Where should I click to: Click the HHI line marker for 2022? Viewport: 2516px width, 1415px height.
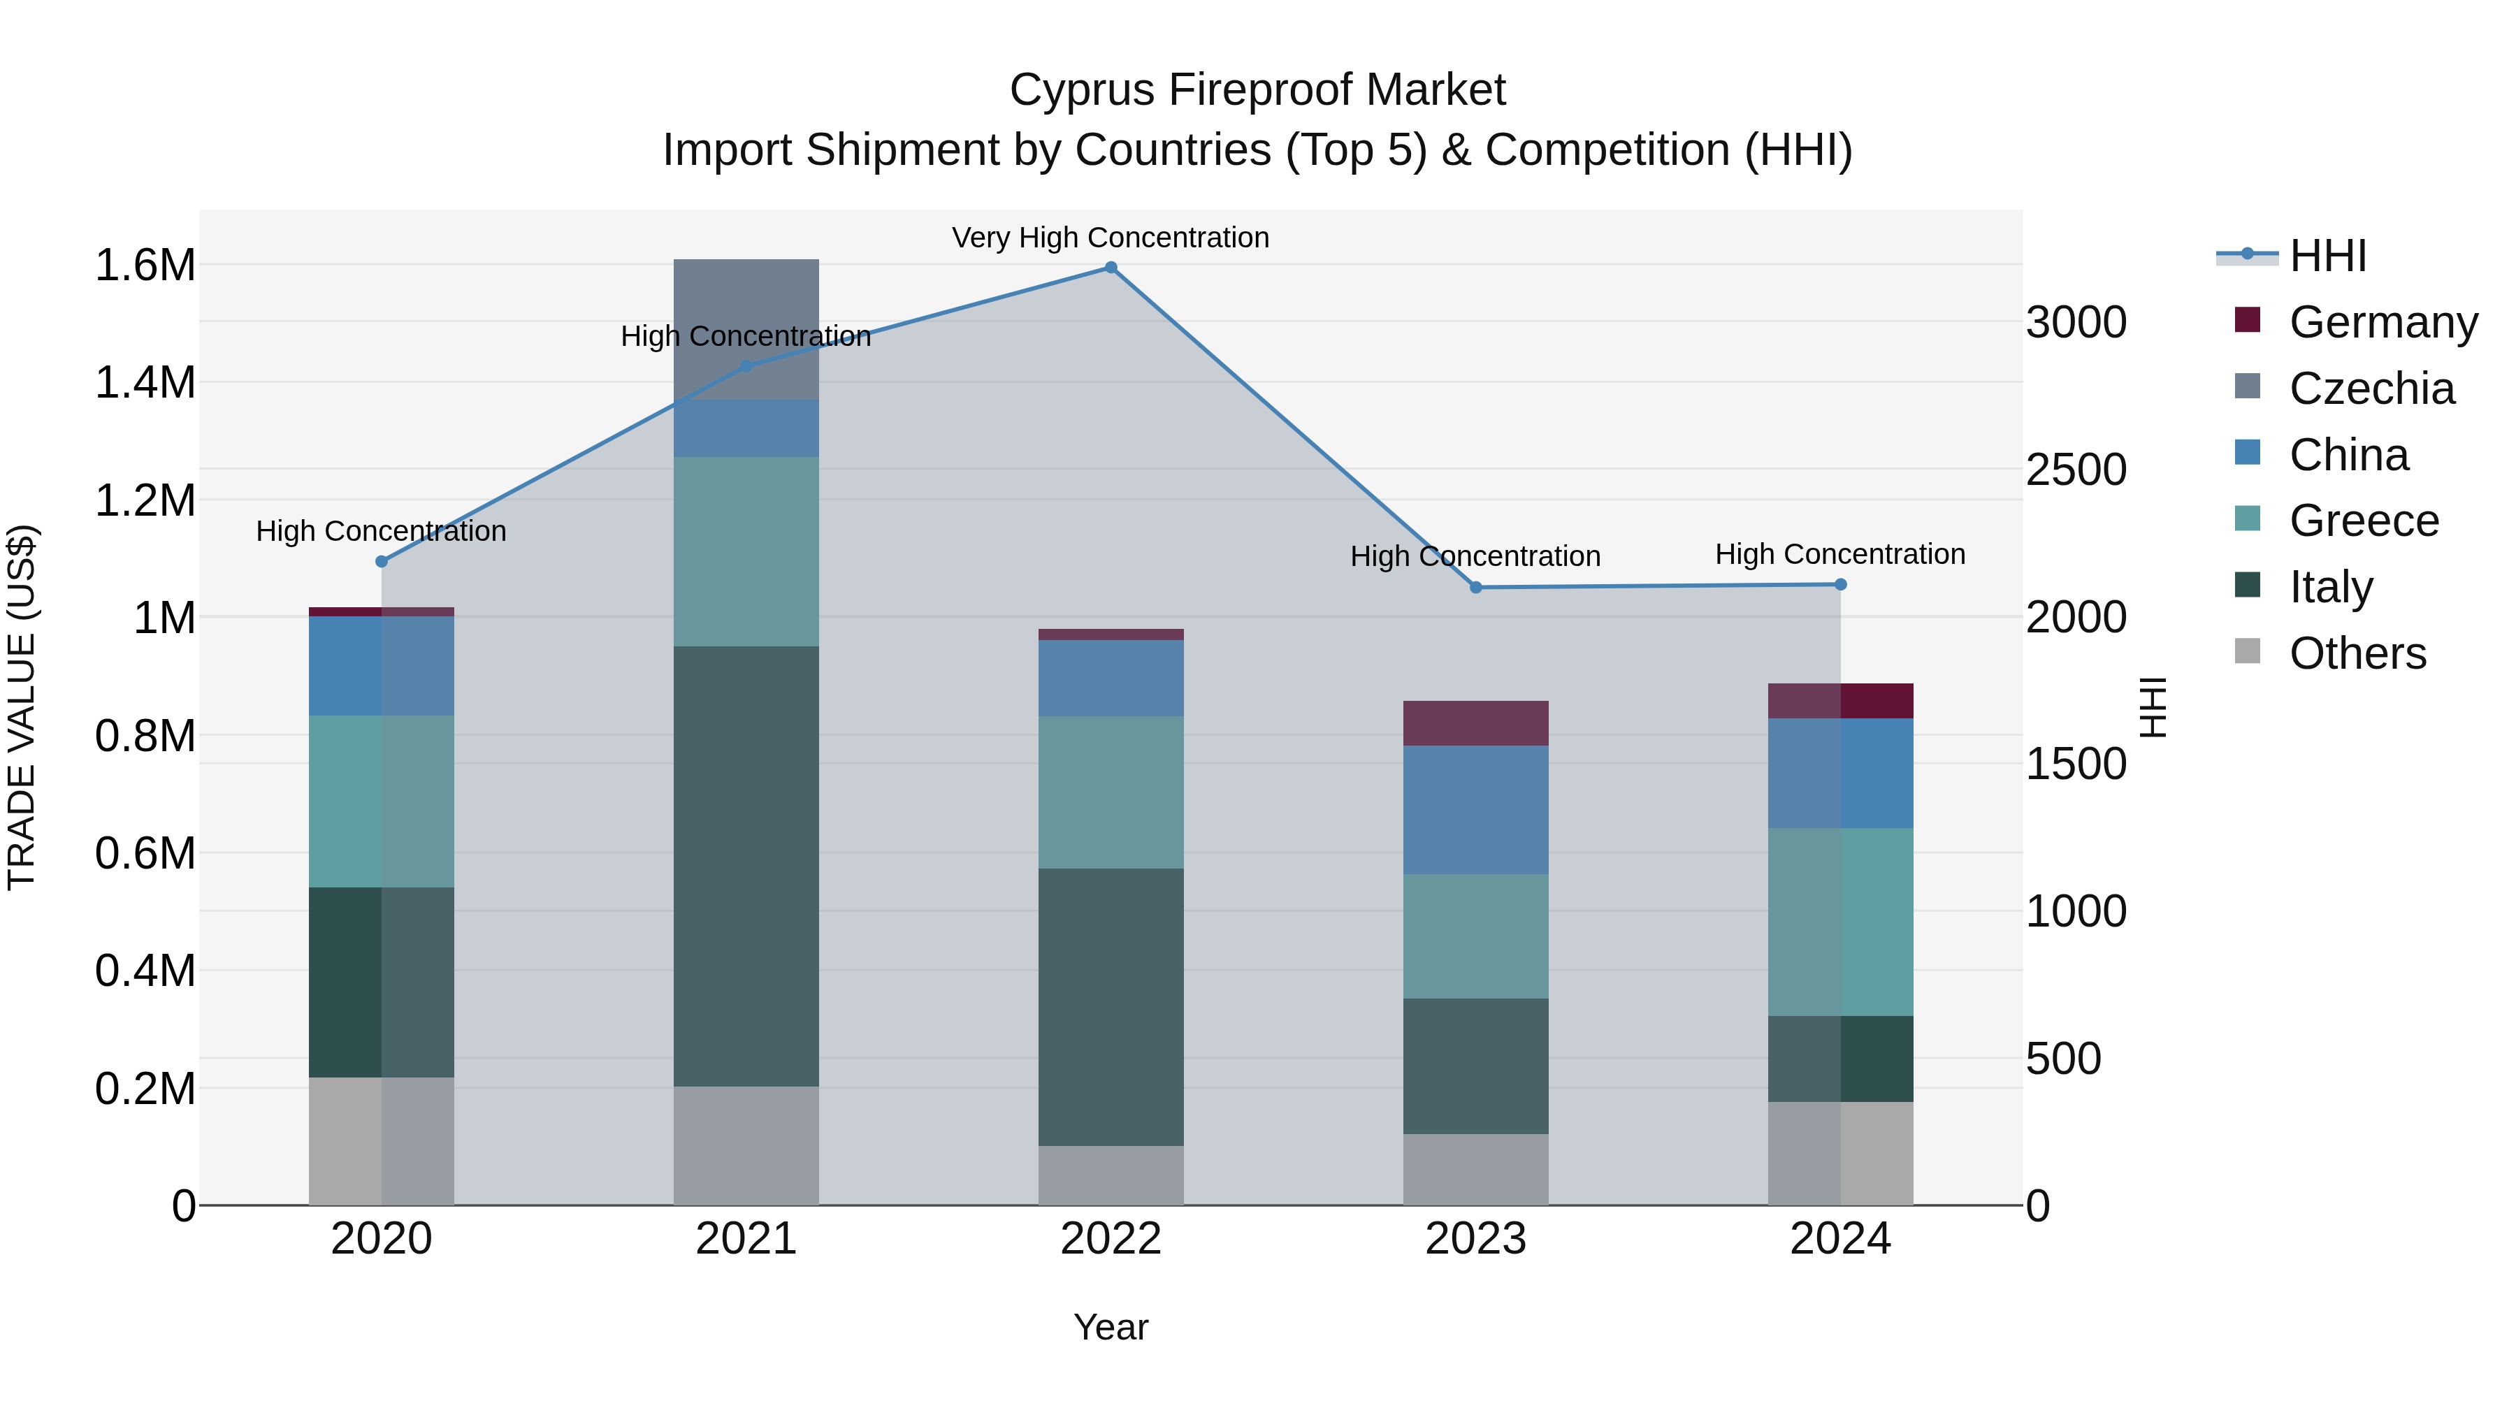pos(1111,268)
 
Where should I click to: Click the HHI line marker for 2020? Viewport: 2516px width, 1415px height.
pos(382,562)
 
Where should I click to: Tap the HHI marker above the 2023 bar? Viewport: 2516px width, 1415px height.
pos(1476,588)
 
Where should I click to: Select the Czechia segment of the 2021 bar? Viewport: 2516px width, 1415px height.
pos(746,329)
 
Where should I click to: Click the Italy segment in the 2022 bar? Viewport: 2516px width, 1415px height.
pos(1111,1007)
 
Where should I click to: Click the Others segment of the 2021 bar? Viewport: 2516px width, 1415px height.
pos(746,1145)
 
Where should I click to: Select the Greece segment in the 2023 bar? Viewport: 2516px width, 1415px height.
pos(1476,936)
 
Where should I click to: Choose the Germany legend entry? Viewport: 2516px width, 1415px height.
pos(2383,322)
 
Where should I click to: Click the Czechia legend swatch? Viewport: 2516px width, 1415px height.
pos(2248,388)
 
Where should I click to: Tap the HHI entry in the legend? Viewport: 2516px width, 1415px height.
pos(2327,256)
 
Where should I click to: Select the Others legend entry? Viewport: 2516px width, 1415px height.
pos(2357,653)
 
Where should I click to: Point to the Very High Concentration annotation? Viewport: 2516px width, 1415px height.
pos(1111,238)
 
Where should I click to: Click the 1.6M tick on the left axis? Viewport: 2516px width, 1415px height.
pos(145,266)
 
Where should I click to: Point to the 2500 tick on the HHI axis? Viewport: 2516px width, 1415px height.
pos(2076,470)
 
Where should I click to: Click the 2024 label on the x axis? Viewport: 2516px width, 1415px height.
pos(1840,1239)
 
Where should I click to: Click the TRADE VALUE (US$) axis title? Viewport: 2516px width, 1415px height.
pos(22,707)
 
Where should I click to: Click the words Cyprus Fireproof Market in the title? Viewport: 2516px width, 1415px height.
pos(1257,90)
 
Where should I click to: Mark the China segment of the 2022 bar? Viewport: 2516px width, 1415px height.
pos(1111,678)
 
